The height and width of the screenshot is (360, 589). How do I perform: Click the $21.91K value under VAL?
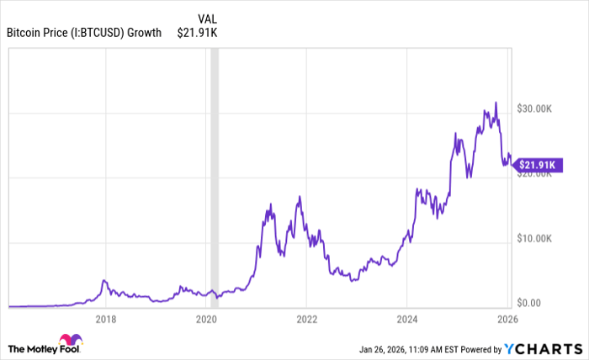tap(198, 33)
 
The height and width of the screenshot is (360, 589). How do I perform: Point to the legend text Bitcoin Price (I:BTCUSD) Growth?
tap(84, 33)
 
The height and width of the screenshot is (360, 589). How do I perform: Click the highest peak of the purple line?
tap(496, 103)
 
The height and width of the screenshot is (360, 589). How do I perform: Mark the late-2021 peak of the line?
tap(299, 197)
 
